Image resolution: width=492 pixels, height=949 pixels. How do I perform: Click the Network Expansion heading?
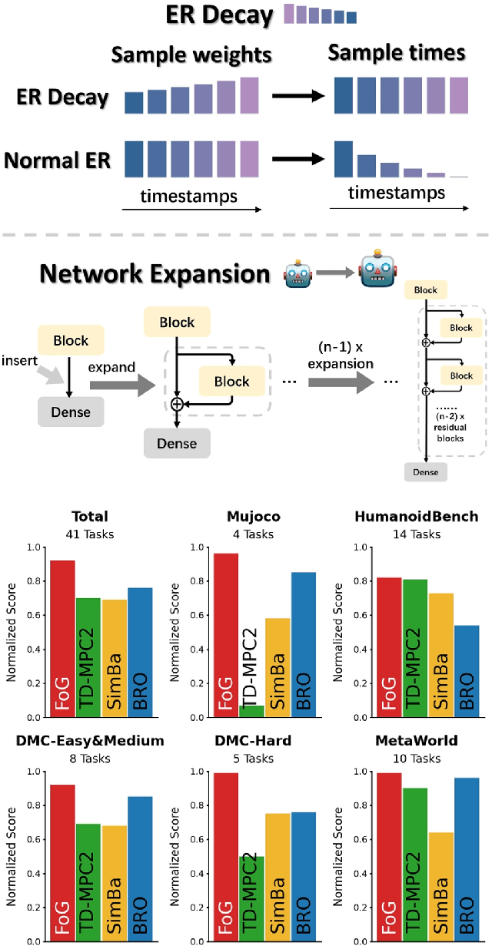coord(155,274)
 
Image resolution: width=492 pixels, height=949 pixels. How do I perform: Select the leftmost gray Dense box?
coord(71,412)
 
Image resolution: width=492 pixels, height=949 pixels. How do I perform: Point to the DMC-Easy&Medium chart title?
coord(89,741)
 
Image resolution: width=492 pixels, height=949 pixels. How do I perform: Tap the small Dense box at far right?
coord(425,471)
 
